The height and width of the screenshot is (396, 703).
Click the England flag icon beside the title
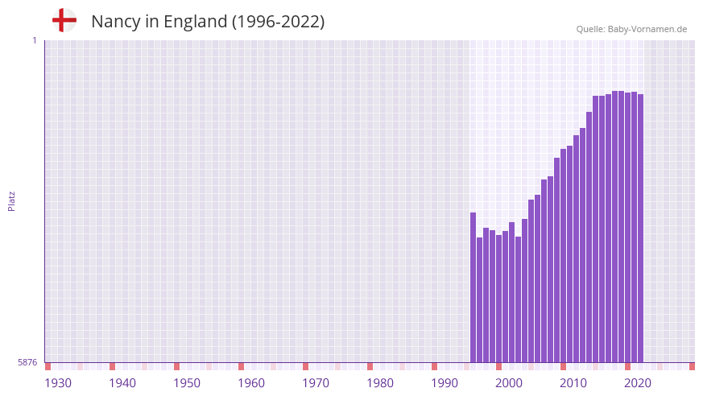click(64, 21)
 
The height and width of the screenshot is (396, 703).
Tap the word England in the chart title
click(195, 22)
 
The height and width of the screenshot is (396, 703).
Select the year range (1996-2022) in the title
click(278, 22)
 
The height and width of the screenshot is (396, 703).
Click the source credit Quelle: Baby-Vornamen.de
click(631, 29)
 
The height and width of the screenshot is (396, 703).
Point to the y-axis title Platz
click(11, 200)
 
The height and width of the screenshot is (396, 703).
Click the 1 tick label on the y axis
click(34, 40)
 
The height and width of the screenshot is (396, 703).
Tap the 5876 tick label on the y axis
click(27, 362)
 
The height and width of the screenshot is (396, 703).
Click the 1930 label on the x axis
click(58, 383)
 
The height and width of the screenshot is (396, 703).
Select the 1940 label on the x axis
click(122, 383)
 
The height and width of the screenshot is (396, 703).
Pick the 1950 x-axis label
click(187, 383)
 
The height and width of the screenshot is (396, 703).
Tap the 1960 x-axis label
click(251, 383)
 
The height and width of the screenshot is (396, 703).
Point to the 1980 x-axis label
click(380, 383)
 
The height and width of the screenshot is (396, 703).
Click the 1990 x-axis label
click(445, 383)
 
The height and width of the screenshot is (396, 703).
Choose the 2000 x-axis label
click(509, 383)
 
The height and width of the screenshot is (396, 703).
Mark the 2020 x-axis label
click(638, 383)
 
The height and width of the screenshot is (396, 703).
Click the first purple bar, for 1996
click(473, 287)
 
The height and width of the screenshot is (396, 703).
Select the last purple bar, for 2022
click(640, 228)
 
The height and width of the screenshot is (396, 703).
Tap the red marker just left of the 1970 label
click(306, 366)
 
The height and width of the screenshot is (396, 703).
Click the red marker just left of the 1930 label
click(48, 366)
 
